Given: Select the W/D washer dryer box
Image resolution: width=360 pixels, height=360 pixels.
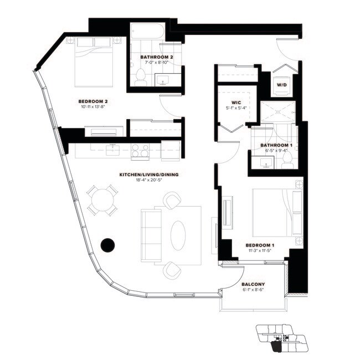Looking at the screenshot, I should coord(281,85).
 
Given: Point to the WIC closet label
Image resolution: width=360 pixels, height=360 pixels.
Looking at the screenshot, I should coord(235,102).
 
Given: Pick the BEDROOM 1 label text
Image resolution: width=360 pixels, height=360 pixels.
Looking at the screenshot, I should coord(260,245).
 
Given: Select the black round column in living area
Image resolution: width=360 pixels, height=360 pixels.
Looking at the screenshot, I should coord(107,244).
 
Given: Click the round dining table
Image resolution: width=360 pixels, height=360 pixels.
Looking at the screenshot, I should coord(102,200).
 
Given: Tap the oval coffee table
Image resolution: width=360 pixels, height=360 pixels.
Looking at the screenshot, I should coord(178,235).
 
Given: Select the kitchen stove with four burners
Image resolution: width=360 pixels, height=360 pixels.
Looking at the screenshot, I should coord(140,150).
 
